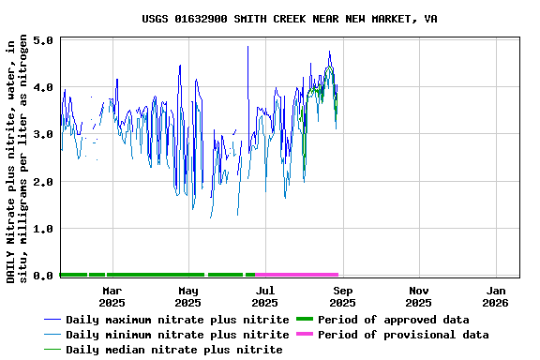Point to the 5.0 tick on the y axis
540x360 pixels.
pyautogui.click(x=43, y=41)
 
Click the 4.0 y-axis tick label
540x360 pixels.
pyautogui.click(x=43, y=88)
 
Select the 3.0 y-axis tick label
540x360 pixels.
pyautogui.click(x=43, y=135)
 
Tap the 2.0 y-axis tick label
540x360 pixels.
pyautogui.click(x=43, y=182)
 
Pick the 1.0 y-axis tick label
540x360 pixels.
pyautogui.click(x=43, y=229)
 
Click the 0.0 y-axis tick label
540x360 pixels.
pyautogui.click(x=43, y=276)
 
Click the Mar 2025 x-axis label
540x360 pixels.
pyautogui.click(x=112, y=296)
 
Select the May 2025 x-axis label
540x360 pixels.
pyautogui.click(x=188, y=296)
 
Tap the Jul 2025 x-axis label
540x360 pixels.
pyautogui.click(x=265, y=296)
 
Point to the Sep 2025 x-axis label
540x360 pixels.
pyautogui.click(x=342, y=296)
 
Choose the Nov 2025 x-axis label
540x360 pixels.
pyautogui.click(x=419, y=296)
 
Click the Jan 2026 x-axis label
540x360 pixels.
pyautogui.click(x=496, y=296)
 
